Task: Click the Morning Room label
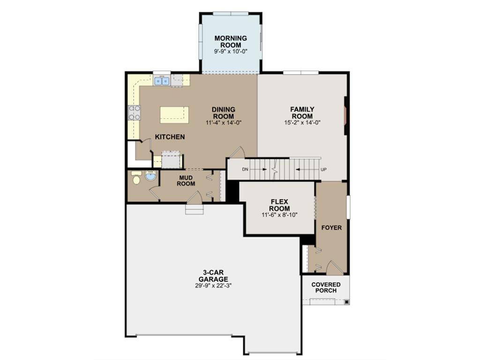(x=231, y=41)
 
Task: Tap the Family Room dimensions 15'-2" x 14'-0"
(x=302, y=123)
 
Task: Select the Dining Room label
(x=224, y=113)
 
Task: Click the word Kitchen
(x=170, y=137)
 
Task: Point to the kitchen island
(x=174, y=115)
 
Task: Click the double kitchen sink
(x=162, y=81)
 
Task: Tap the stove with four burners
(x=135, y=113)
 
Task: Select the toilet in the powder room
(x=136, y=178)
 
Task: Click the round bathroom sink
(x=150, y=177)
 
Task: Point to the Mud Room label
(x=186, y=181)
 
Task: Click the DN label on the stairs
(x=245, y=169)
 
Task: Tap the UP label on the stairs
(x=323, y=169)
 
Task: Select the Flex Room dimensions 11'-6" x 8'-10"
(x=280, y=215)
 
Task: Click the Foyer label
(x=331, y=228)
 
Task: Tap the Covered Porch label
(x=326, y=287)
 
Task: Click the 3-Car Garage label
(x=213, y=276)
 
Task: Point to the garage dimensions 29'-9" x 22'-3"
(x=213, y=285)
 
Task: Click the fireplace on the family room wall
(x=346, y=116)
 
